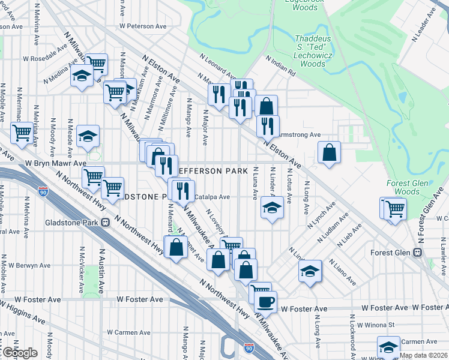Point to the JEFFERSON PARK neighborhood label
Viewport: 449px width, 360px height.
[x=214, y=171]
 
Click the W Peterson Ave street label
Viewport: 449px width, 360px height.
[x=143, y=26]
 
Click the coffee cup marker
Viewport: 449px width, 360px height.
[x=265, y=302]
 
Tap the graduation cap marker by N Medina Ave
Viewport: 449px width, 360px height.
[x=82, y=76]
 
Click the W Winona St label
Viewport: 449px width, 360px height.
[x=375, y=325]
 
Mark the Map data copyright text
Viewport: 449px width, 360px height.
[x=423, y=355]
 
